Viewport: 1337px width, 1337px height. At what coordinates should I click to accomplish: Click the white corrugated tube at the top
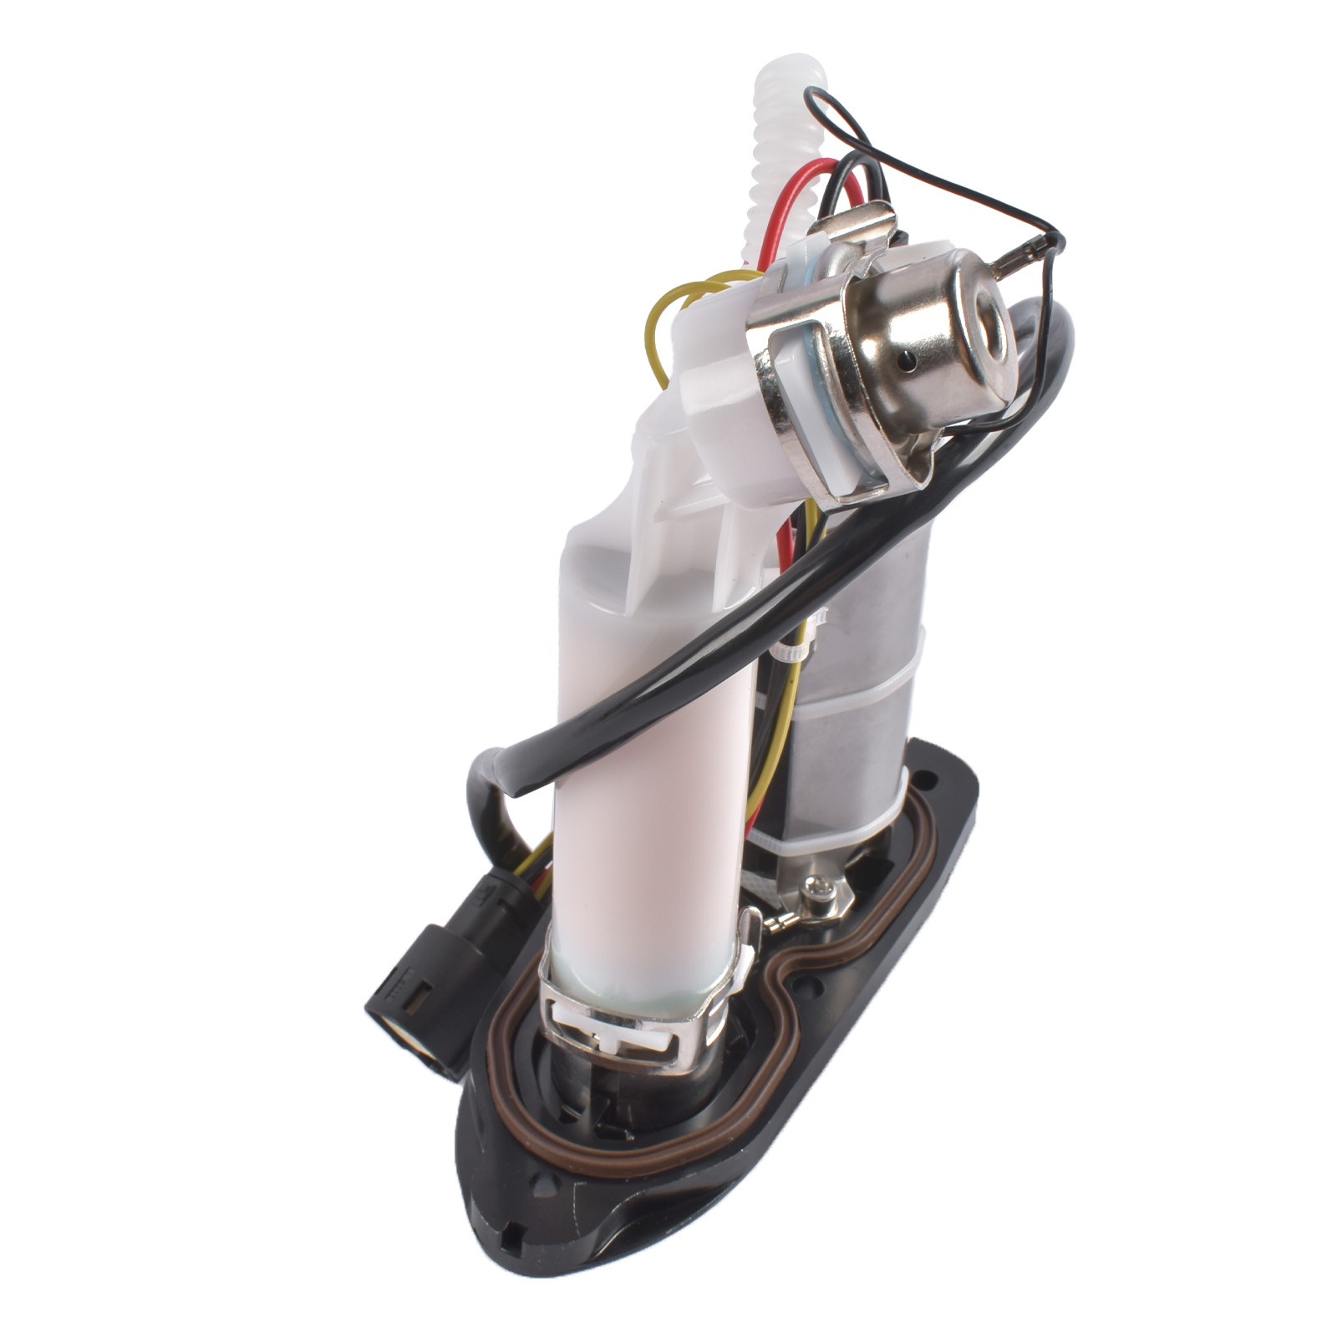[777, 142]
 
